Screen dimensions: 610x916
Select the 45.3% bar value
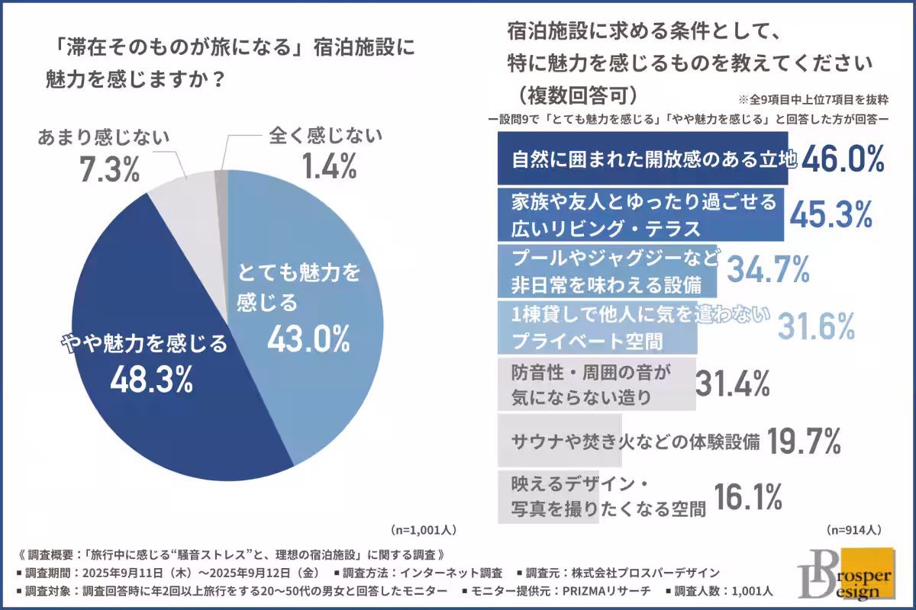pyautogui.click(x=830, y=215)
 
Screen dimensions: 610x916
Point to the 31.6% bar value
pyautogui.click(x=816, y=327)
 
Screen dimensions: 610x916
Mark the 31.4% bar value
pyautogui.click(x=731, y=384)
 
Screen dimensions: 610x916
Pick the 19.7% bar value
pyautogui.click(x=803, y=440)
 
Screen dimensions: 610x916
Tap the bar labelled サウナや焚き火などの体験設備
pyautogui.click(x=560, y=441)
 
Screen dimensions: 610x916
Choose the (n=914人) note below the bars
pyautogui.click(x=854, y=528)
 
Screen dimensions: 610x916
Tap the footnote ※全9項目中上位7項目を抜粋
pyautogui.click(x=816, y=100)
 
